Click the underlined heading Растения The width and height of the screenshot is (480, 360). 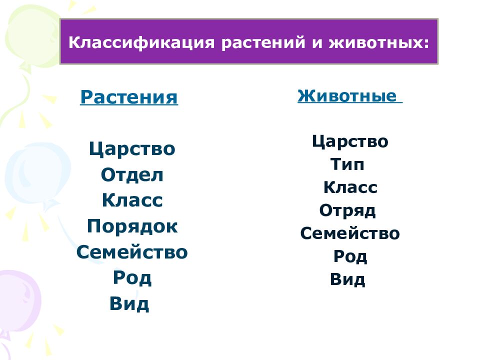(x=129, y=97)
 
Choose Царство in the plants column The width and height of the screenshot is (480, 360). (x=132, y=149)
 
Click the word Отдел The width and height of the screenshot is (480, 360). (x=132, y=175)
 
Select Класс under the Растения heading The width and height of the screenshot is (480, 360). (x=132, y=201)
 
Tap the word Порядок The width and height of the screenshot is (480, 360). (x=132, y=226)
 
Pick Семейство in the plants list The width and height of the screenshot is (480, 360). (x=132, y=252)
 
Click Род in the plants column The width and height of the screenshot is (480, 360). (x=132, y=278)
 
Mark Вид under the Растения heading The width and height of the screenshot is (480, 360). (x=129, y=304)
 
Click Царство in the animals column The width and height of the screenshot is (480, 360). (x=350, y=142)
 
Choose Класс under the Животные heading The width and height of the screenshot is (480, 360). (x=350, y=188)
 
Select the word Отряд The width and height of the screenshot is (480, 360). (x=347, y=211)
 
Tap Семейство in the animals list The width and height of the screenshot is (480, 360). (x=350, y=233)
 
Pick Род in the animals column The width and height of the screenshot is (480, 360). (x=350, y=257)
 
